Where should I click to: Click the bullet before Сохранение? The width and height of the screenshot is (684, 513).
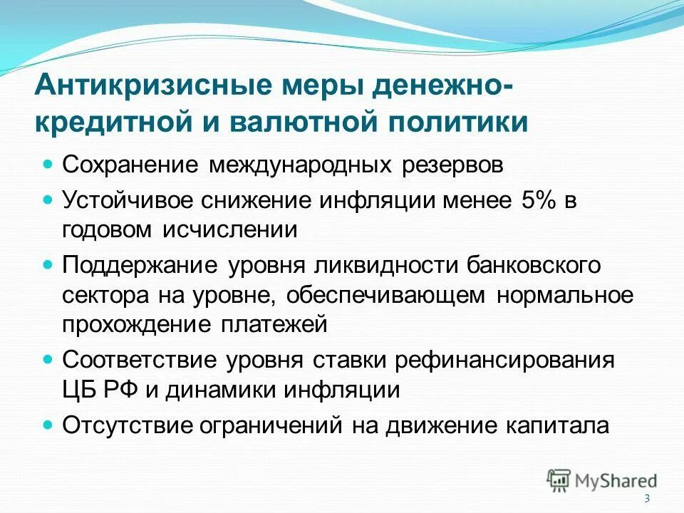[x=49, y=165]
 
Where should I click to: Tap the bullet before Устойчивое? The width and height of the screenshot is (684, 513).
[x=49, y=200]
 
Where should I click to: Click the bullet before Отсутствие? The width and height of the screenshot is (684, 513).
[x=49, y=425]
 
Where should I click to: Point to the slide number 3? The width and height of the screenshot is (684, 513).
[x=647, y=498]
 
